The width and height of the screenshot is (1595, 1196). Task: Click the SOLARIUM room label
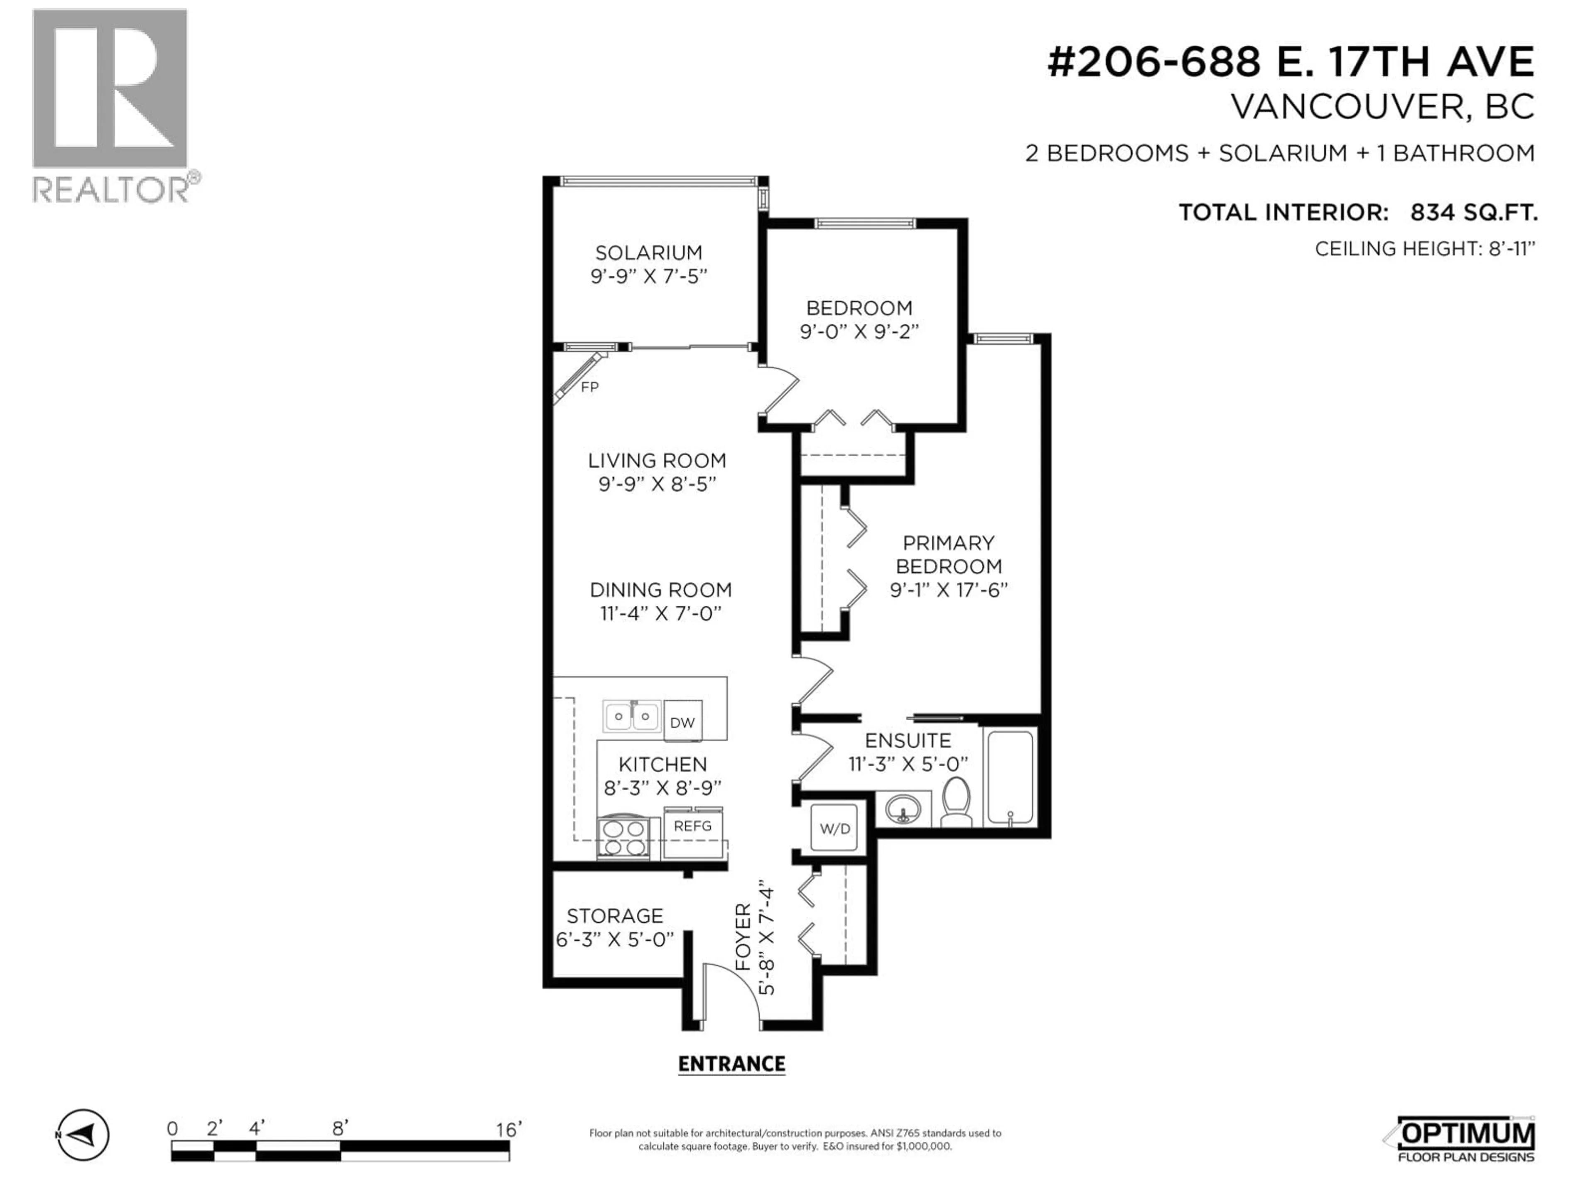click(648, 253)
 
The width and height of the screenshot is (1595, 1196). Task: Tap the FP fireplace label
click(589, 387)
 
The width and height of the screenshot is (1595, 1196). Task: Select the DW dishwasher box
click(682, 722)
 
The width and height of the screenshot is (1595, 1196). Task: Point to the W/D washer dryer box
click(834, 829)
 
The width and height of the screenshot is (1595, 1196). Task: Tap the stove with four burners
click(624, 838)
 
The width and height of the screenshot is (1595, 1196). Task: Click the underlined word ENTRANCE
click(731, 1064)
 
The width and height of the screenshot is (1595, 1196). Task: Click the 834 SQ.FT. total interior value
click(1473, 213)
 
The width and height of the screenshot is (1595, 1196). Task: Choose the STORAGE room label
click(614, 916)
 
